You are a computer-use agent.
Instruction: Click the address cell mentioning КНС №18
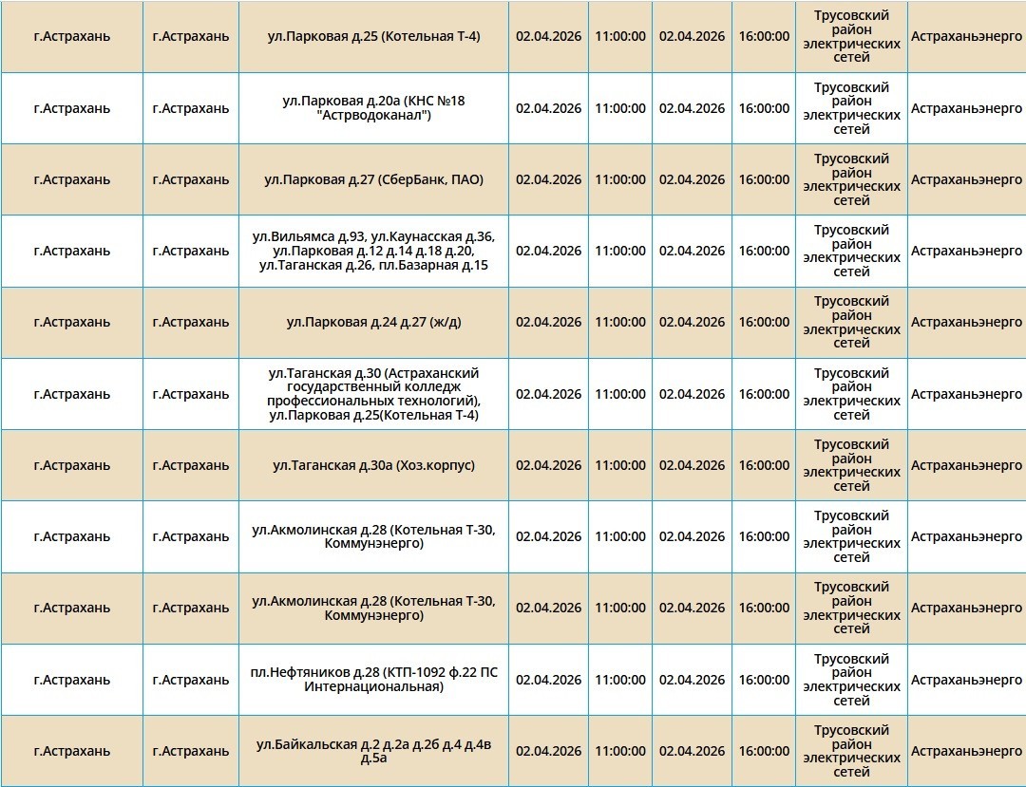[373, 108]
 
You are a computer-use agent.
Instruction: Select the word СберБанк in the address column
[412, 179]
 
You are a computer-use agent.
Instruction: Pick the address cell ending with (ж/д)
[373, 322]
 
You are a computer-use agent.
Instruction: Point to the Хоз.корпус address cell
[373, 465]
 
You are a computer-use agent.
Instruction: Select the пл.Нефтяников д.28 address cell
[373, 680]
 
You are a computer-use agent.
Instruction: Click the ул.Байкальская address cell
[373, 751]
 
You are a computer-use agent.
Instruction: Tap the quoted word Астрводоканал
[373, 116]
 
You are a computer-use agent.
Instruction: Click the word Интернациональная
[373, 686]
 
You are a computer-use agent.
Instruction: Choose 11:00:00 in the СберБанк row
[620, 179]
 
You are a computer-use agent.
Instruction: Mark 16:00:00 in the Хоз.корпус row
[764, 465]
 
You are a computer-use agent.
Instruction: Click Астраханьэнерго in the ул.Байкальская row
[966, 751]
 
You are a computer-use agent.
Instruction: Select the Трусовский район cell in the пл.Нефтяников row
[851, 680]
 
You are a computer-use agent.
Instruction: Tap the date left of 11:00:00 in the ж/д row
[548, 322]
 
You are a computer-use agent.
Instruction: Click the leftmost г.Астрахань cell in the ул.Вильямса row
[71, 251]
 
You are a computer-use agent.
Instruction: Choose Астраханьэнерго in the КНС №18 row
[966, 108]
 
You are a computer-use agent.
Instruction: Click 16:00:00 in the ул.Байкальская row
[764, 751]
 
